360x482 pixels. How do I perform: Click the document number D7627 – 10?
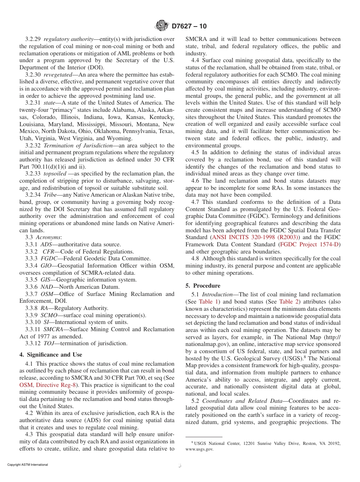pos(189,26)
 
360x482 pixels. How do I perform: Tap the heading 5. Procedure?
pos(203,285)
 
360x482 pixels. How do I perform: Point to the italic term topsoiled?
pos(55,174)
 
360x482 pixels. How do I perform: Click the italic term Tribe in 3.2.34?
pos(51,195)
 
